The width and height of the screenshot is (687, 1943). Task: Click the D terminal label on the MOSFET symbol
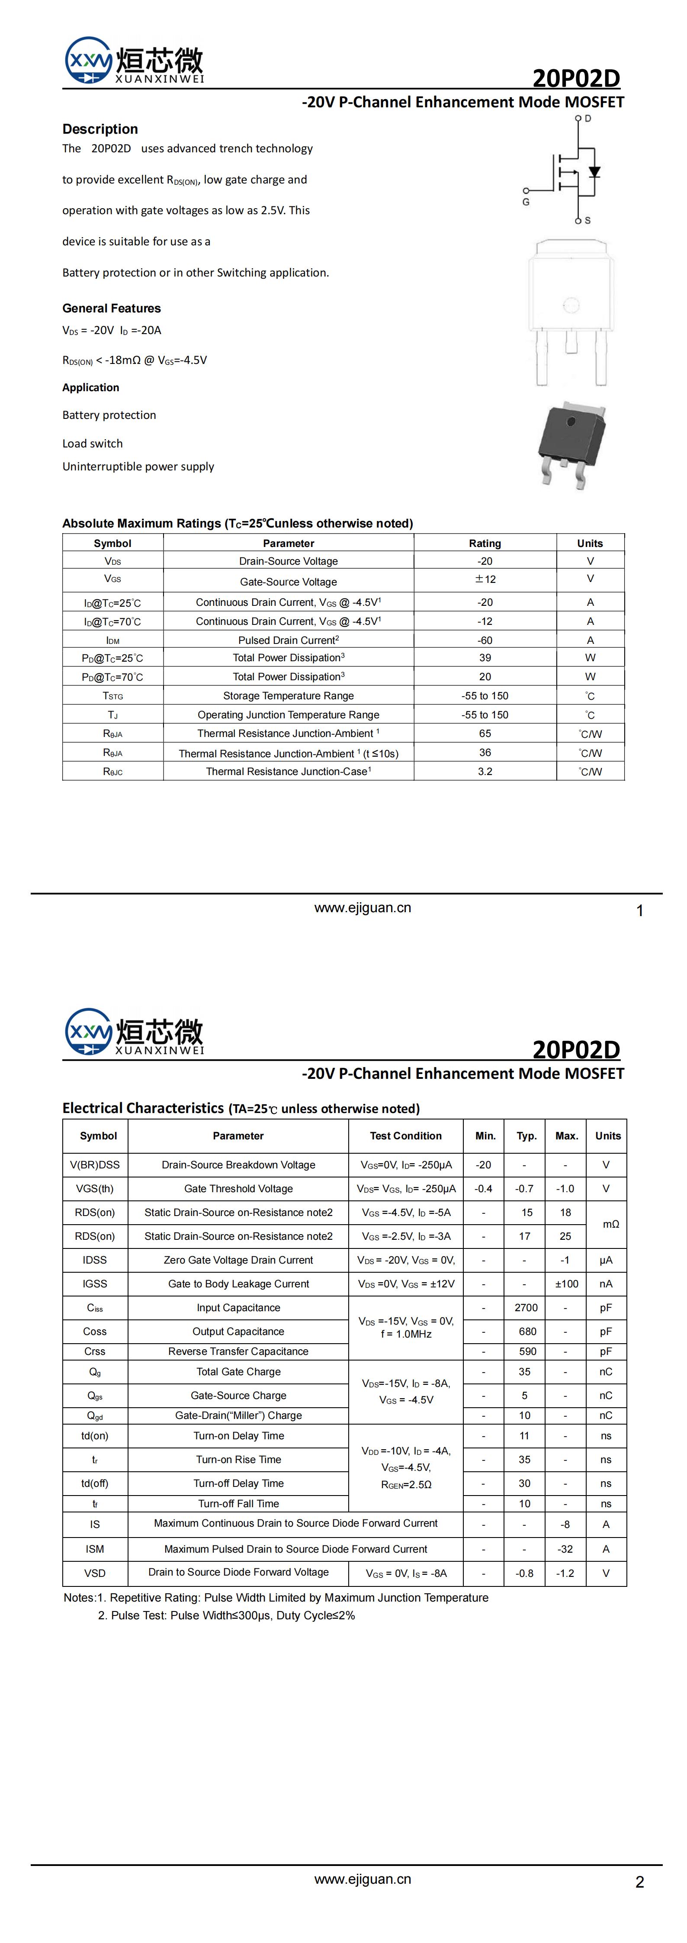(x=587, y=119)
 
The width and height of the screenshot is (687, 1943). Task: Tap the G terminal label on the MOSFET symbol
(x=526, y=202)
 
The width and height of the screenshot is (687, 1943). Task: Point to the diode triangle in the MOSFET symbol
(x=594, y=172)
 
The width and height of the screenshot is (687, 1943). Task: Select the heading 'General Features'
(x=112, y=308)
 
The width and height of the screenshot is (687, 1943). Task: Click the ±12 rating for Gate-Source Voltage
(x=485, y=579)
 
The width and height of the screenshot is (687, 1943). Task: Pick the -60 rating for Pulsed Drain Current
(x=485, y=640)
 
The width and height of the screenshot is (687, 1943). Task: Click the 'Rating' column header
(x=485, y=543)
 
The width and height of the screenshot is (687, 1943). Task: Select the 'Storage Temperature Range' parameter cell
(x=288, y=695)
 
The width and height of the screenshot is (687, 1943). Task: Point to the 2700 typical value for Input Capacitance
(x=526, y=1308)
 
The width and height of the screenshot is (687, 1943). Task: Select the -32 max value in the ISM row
(x=565, y=1548)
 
